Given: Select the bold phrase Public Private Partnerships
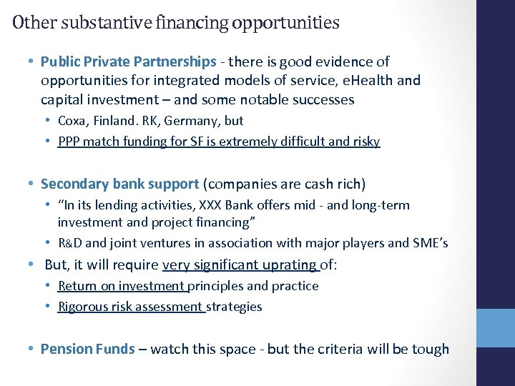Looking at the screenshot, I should click(x=129, y=62).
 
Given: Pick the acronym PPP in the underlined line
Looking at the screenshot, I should click(x=69, y=142).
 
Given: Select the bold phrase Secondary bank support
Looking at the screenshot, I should click(x=119, y=184).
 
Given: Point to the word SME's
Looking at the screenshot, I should click(x=429, y=244).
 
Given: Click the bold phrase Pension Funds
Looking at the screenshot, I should click(x=88, y=350).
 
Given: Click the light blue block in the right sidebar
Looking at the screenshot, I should click(x=496, y=327).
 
